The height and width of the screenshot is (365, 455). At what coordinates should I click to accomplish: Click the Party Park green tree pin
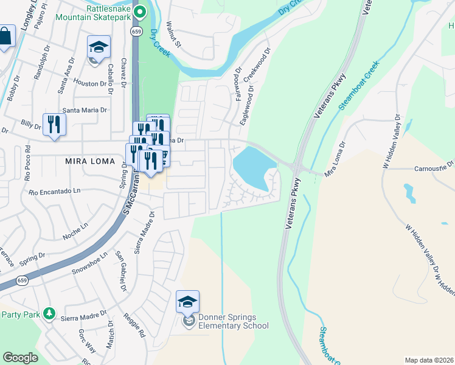tap(49, 315)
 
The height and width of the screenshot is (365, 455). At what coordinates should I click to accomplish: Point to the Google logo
tap(20, 358)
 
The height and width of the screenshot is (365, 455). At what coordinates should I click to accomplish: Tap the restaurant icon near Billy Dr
tap(54, 125)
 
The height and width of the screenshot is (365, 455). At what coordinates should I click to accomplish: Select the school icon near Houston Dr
tap(97, 47)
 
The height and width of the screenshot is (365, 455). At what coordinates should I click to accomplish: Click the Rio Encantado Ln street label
tap(55, 192)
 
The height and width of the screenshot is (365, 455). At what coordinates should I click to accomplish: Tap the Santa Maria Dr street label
tap(85, 110)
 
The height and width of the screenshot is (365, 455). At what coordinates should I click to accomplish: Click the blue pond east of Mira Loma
tap(252, 167)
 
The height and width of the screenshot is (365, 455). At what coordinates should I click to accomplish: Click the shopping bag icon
tap(5, 36)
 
